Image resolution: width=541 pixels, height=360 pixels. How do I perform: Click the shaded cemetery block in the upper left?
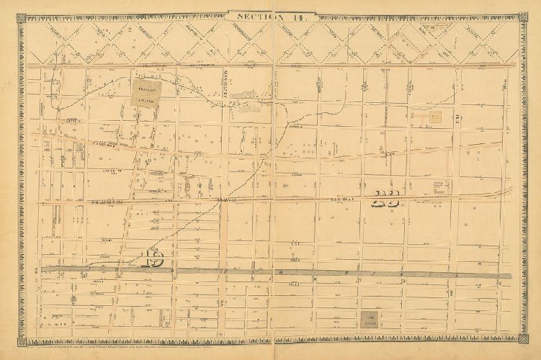pyautogui.click(x=147, y=94)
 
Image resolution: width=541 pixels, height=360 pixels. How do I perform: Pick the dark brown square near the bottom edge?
pyautogui.click(x=372, y=318)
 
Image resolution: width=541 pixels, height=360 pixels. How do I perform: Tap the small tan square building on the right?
pyautogui.click(x=435, y=114)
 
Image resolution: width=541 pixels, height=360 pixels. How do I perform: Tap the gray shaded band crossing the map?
pyautogui.click(x=288, y=272)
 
